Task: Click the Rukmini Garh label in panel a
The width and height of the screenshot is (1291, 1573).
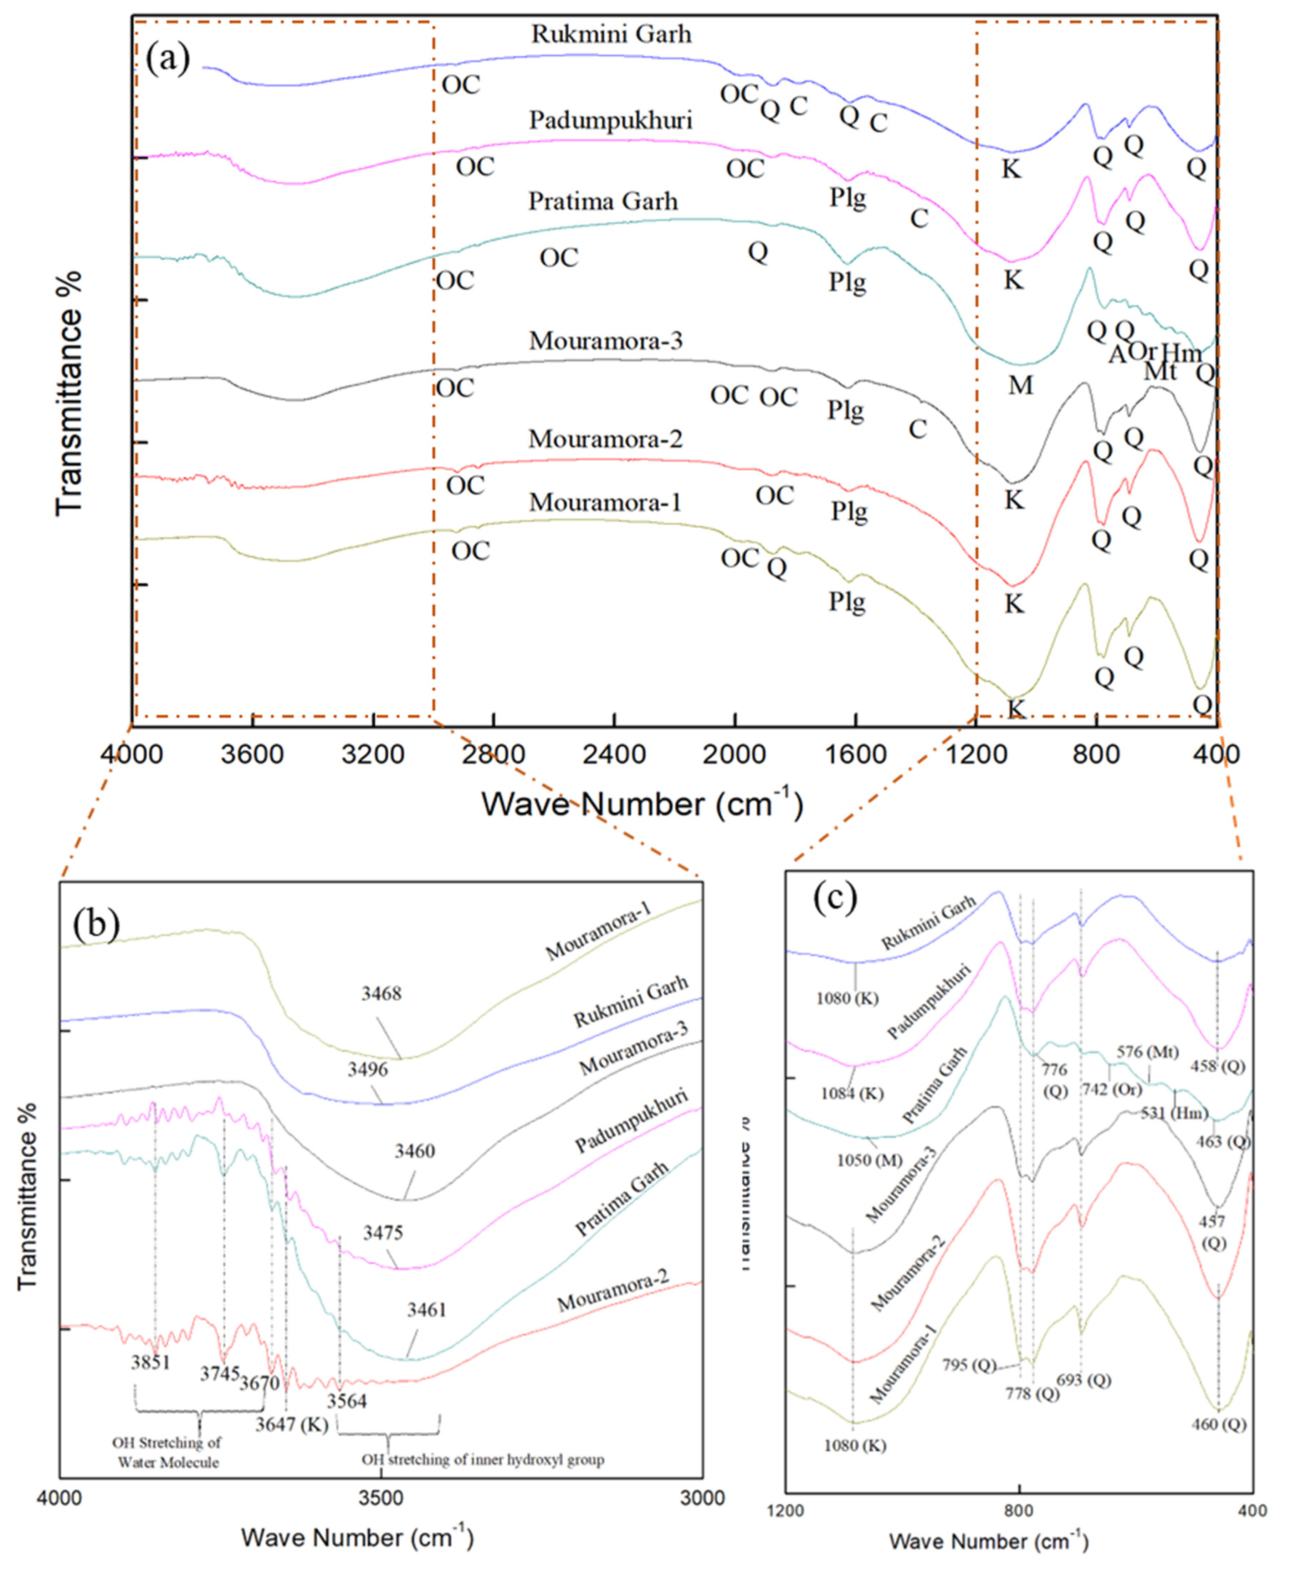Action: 611,34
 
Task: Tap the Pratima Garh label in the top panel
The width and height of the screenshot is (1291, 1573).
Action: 603,202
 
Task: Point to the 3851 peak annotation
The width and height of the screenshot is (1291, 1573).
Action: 151,1363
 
